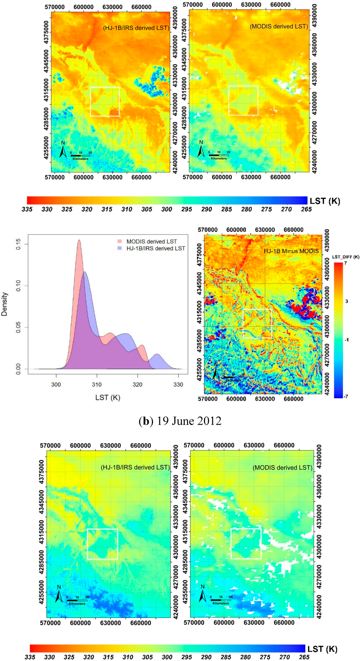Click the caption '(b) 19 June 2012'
[180, 421]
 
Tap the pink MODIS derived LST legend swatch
[120, 242]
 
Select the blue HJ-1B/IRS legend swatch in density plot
[120, 248]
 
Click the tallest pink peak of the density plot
[79, 241]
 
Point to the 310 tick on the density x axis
[97, 385]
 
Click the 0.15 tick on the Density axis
[18, 244]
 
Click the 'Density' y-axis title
[5, 304]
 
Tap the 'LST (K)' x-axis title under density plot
[108, 398]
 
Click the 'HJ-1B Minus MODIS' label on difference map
[291, 251]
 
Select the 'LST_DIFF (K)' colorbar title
[346, 257]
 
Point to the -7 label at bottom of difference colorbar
[346, 396]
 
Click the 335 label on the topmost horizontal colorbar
[27, 209]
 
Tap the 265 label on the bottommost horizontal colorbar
[304, 657]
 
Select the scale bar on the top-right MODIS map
[219, 155]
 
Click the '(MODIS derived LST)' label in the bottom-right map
[282, 468]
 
